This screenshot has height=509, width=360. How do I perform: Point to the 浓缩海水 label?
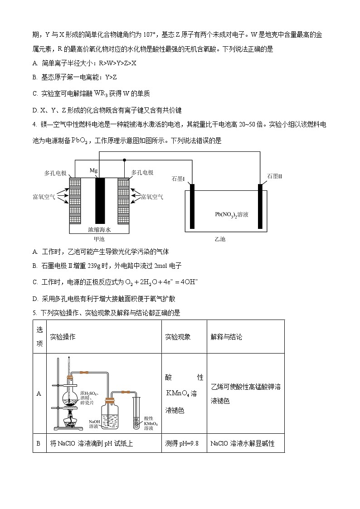point(100,229)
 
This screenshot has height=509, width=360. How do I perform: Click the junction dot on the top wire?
point(124,160)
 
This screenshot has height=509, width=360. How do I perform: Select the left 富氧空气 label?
point(44,197)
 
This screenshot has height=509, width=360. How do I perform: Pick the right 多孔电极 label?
point(142,173)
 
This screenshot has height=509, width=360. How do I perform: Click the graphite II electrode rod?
point(260,206)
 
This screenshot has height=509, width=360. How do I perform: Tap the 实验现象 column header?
point(178,337)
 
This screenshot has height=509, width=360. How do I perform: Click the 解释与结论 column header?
point(226,337)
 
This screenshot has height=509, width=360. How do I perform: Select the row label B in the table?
point(39,443)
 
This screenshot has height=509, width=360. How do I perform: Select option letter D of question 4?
point(35,299)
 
